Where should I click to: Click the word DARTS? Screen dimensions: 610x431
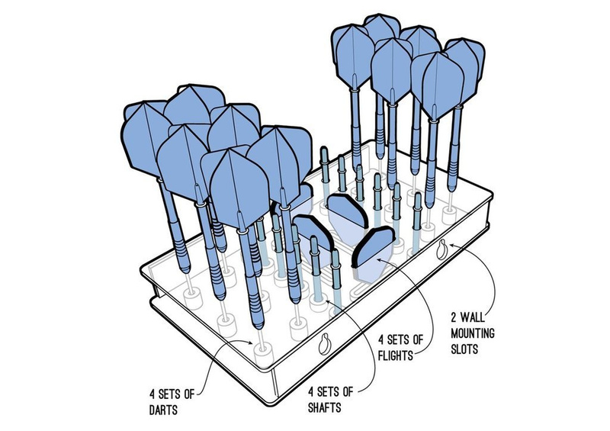pyautogui.click(x=163, y=410)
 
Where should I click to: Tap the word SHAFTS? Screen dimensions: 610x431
pyautogui.click(x=325, y=407)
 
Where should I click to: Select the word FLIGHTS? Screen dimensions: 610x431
pyautogui.click(x=396, y=355)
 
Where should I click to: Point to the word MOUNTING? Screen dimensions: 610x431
pyautogui.click(x=472, y=333)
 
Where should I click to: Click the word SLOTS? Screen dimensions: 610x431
pyautogui.click(x=464, y=349)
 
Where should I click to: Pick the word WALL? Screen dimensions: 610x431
pyautogui.click(x=473, y=317)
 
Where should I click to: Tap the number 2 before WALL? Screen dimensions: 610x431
pyautogui.click(x=454, y=317)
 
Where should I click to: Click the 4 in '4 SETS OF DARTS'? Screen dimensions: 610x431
pyautogui.click(x=152, y=394)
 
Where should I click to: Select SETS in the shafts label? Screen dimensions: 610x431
pyautogui.click(x=328, y=391)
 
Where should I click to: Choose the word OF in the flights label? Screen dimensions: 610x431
pyautogui.click(x=417, y=340)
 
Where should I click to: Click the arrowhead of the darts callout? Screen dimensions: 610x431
pyautogui.click(x=251, y=343)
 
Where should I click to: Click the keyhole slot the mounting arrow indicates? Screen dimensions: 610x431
pyautogui.click(x=442, y=249)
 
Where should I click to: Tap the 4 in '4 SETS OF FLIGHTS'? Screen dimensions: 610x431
pyautogui.click(x=382, y=340)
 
